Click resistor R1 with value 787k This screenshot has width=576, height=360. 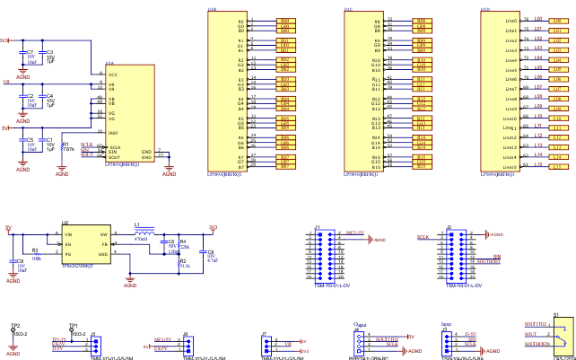tap(61, 145)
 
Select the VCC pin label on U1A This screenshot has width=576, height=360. tap(113, 75)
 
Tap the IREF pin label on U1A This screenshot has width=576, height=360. tap(114, 132)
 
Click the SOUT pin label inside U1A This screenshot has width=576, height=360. tap(114, 157)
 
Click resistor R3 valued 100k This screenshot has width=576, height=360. tap(36, 256)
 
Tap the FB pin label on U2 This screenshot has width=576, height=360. tap(104, 244)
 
